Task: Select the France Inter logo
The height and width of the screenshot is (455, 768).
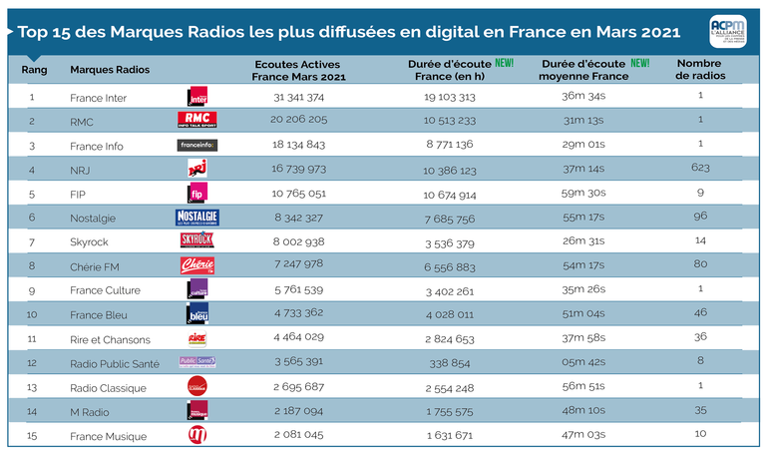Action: coord(197,97)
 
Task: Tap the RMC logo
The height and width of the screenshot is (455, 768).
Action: coord(196,121)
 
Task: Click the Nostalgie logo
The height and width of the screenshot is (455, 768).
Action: coord(196,217)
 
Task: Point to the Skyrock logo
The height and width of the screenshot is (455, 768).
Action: coord(196,240)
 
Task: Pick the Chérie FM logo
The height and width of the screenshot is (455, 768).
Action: coord(196,265)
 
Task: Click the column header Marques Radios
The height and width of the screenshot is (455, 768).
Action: coord(110,70)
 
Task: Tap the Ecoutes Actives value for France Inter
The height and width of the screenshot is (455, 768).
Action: coord(298,97)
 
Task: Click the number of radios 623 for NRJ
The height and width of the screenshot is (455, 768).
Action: coord(701,169)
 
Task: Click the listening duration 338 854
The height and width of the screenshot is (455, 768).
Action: coord(449,362)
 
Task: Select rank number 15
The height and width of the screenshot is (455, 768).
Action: coord(32,436)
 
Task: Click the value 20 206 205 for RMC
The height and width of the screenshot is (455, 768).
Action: coord(298,121)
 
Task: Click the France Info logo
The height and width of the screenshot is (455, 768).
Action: coord(196,145)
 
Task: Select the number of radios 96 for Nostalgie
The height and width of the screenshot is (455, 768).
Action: coord(701,218)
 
